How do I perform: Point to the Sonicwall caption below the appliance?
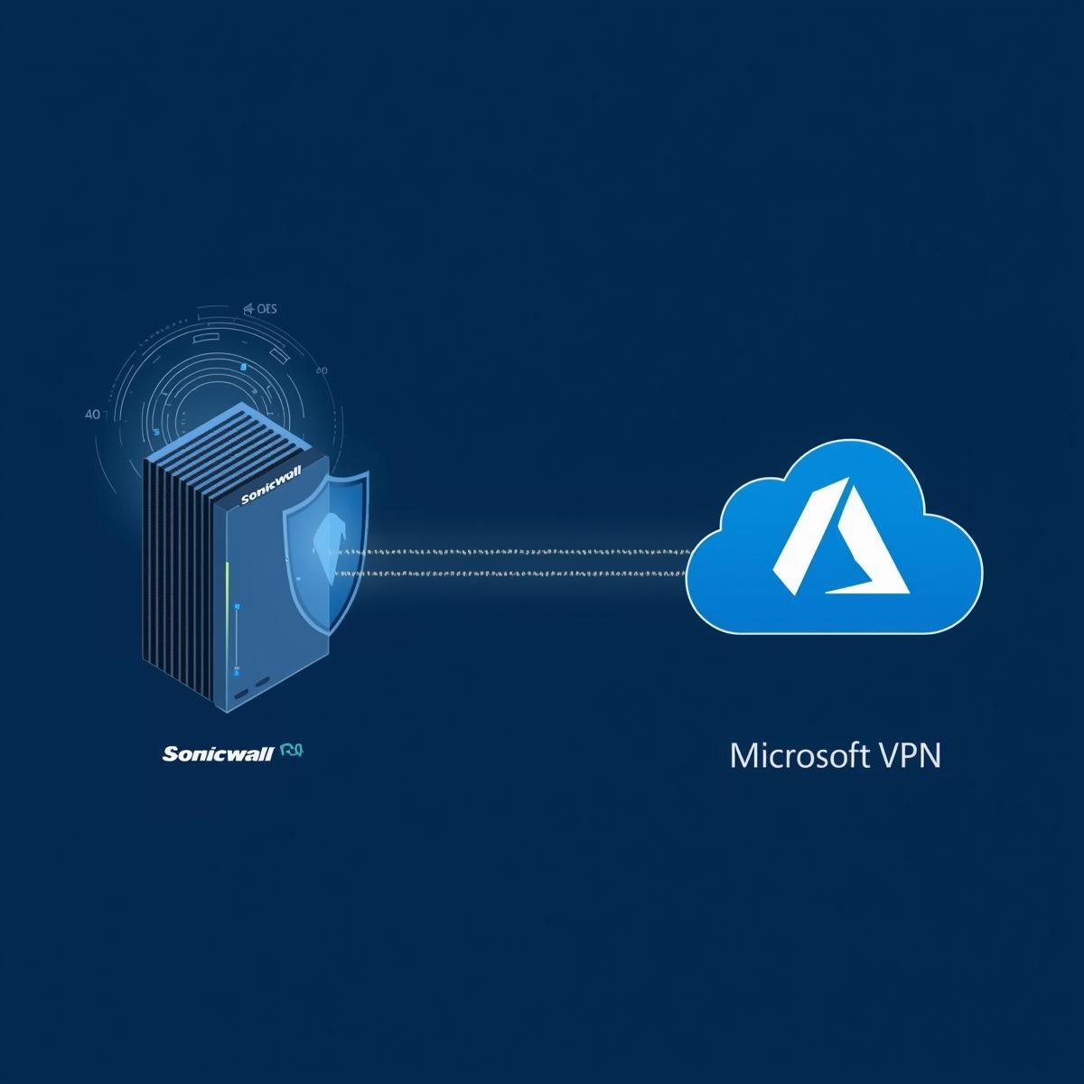[x=218, y=753]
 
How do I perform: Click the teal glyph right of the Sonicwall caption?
[x=290, y=751]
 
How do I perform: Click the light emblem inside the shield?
[x=327, y=538]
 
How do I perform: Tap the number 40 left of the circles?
[x=91, y=416]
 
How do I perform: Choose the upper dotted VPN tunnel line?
[x=524, y=549]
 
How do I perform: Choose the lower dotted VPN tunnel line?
[x=524, y=573]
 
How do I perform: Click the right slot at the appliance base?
[x=263, y=683]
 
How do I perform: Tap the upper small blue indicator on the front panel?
[x=235, y=606]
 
